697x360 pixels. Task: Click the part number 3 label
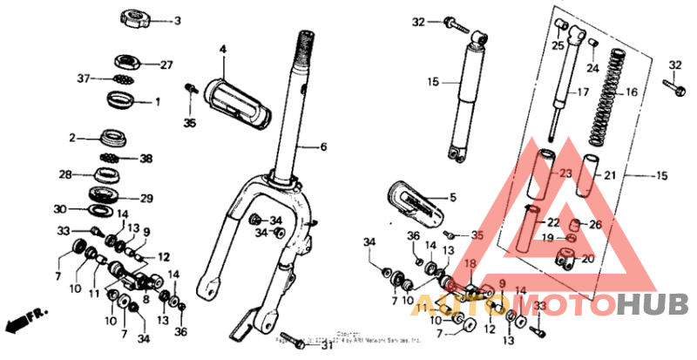(177, 21)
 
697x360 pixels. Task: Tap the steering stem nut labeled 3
(136, 18)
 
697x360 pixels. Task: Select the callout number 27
(166, 64)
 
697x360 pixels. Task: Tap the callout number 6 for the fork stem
(322, 146)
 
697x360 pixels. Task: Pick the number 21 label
(610, 175)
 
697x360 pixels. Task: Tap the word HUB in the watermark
(661, 303)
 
